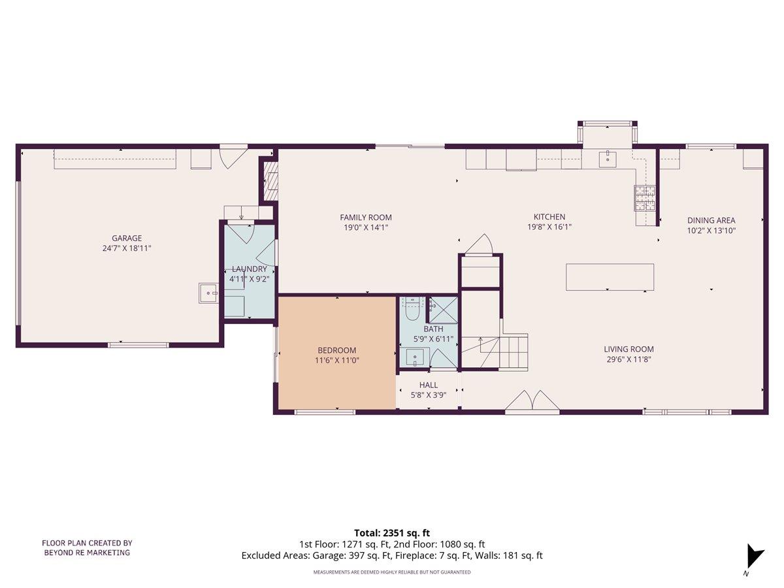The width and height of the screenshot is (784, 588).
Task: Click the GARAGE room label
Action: (x=127, y=238)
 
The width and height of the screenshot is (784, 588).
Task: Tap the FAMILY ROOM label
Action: (x=366, y=218)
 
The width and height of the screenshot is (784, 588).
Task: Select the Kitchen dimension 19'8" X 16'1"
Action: (x=549, y=227)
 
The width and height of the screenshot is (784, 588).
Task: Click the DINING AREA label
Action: (x=711, y=220)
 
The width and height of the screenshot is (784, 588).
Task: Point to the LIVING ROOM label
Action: (x=629, y=349)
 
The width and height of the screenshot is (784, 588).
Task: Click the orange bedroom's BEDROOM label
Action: (x=337, y=350)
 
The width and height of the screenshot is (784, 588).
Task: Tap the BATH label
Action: (x=433, y=329)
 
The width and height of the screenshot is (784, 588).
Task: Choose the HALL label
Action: (x=429, y=385)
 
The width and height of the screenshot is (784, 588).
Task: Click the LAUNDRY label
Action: (x=249, y=269)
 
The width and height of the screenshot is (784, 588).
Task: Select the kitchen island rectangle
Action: (x=610, y=276)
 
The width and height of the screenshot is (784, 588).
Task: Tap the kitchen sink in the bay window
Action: (x=608, y=157)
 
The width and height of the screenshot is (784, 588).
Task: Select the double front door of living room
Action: (x=532, y=403)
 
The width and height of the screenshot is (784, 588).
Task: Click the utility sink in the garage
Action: (x=209, y=293)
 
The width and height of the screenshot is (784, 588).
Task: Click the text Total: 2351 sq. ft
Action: (x=392, y=532)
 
